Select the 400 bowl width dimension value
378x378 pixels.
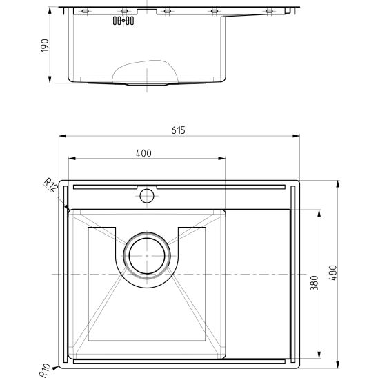[143, 153]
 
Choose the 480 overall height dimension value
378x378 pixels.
[332, 273]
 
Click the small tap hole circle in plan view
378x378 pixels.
[146, 196]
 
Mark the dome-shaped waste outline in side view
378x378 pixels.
[145, 72]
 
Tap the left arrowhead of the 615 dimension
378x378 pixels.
[61, 136]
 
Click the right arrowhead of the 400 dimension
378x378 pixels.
[222, 159]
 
